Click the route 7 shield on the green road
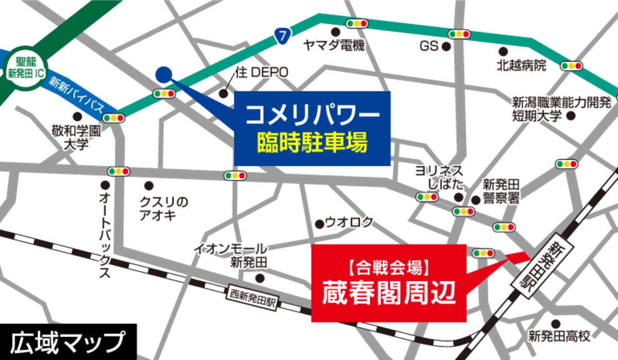(x=282, y=36)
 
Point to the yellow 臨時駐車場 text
(x=313, y=143)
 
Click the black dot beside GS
(x=447, y=47)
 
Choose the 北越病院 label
(x=521, y=65)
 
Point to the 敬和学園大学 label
(x=76, y=136)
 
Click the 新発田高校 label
(x=559, y=336)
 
